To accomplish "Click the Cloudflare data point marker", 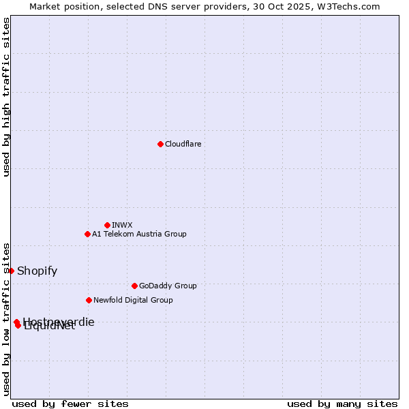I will [160, 144].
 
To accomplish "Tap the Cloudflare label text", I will [183, 144].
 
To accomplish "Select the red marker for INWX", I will [107, 225].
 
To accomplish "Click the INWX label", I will [122, 225].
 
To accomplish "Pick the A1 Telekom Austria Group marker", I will [87, 234].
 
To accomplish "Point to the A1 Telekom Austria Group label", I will [139, 234].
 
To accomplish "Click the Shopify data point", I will [11, 271].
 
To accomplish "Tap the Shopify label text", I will [37, 271].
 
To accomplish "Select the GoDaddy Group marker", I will [134, 286].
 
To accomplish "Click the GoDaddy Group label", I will [168, 286].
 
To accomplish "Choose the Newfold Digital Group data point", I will [89, 300].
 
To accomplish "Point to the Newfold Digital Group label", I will [133, 300].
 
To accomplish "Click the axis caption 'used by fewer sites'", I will [70, 404].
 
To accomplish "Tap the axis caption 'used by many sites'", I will [342, 404].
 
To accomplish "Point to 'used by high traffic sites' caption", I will [6, 97].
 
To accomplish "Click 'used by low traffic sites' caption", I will [6, 318].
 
